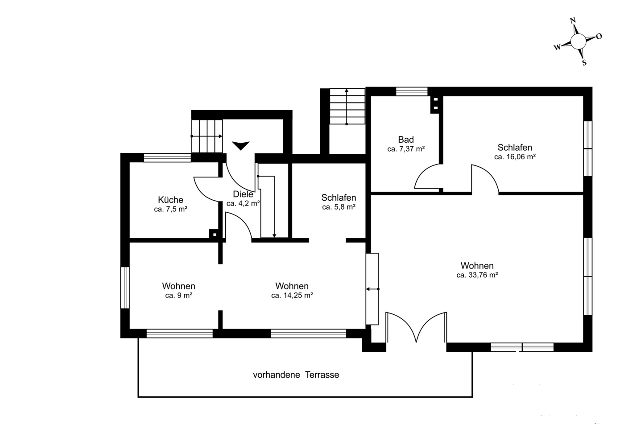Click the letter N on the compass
573,21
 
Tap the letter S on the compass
584,62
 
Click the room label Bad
406,140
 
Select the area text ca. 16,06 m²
515,157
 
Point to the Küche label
170,200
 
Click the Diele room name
243,194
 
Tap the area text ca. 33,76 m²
477,275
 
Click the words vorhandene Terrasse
296,375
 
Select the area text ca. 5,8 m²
339,207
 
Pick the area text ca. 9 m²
178,295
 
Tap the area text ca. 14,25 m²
292,295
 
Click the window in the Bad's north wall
412,91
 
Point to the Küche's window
167,158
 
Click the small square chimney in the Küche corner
214,235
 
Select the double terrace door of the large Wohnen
416,327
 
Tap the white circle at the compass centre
578,41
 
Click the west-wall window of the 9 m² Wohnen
125,288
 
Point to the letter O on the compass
599,36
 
